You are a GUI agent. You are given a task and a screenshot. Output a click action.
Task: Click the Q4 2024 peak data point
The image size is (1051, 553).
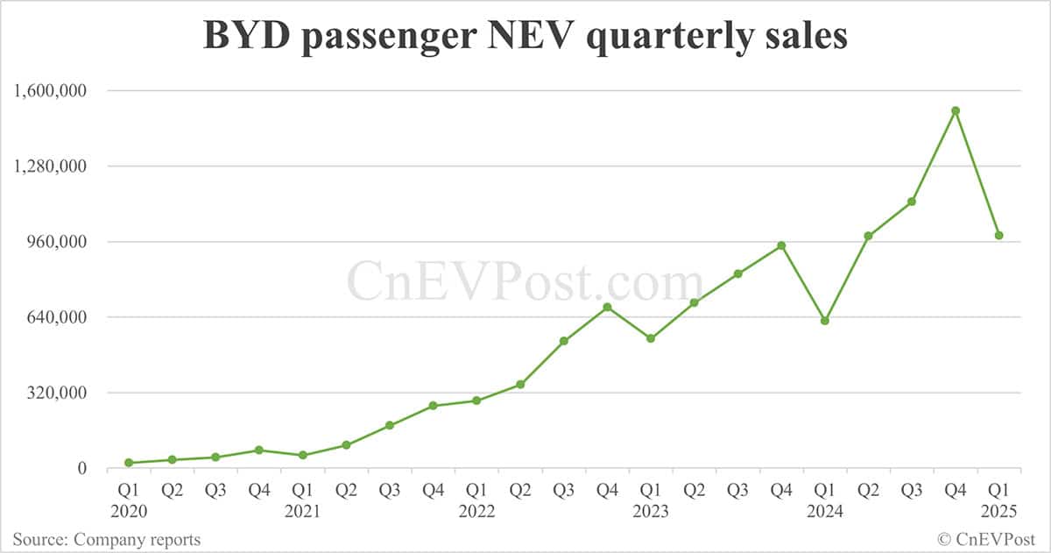click(956, 110)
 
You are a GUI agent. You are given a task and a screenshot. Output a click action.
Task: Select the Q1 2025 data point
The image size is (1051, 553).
click(998, 235)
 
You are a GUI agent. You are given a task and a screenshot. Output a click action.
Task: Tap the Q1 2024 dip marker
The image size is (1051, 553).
click(825, 321)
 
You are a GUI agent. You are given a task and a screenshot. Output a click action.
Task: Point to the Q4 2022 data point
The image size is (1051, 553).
click(607, 307)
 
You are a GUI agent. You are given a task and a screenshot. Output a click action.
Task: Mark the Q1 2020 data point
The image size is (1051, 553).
click(129, 463)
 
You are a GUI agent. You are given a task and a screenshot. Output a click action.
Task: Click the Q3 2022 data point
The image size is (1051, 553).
click(564, 341)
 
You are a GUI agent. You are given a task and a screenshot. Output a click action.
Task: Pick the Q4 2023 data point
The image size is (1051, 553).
click(781, 245)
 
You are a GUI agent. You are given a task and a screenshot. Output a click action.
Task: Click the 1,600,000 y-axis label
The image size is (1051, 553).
click(51, 90)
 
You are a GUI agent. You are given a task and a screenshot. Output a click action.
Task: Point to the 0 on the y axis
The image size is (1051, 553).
click(82, 468)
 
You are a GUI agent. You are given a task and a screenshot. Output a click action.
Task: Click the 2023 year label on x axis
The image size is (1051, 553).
click(651, 511)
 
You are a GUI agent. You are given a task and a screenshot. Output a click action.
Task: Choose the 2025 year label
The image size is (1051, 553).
click(998, 511)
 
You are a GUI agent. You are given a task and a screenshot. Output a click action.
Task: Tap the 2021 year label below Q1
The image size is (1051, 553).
click(302, 511)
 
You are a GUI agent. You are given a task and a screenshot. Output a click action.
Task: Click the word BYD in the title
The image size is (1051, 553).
click(242, 37)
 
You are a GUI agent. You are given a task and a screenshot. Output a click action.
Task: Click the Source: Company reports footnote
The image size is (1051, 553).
click(106, 539)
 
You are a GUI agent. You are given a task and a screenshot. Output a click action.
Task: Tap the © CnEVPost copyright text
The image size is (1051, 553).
click(986, 539)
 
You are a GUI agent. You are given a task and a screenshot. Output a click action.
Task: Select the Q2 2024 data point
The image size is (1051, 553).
click(868, 236)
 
